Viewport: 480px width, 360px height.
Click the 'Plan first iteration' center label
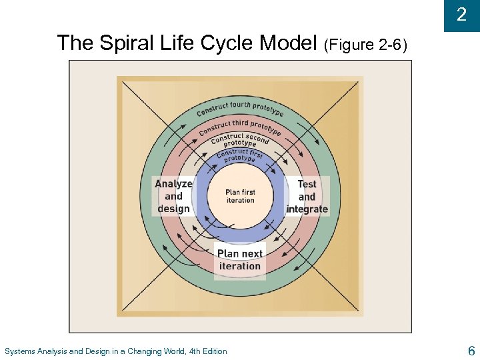click(x=240, y=196)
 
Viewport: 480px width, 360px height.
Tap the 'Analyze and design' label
click(x=173, y=196)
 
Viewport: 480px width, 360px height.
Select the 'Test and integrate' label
click(x=307, y=196)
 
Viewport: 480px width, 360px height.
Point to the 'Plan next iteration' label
click(x=240, y=259)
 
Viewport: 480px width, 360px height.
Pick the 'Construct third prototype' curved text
click(x=240, y=125)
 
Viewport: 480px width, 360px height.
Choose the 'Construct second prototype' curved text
click(x=240, y=141)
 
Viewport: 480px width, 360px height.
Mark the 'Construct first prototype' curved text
click(x=239, y=155)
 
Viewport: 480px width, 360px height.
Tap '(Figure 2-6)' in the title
click(x=365, y=45)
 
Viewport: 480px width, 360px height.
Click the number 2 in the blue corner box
click(x=461, y=15)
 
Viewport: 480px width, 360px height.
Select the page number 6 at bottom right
click(x=471, y=350)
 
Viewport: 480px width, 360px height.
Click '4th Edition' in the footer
click(x=208, y=351)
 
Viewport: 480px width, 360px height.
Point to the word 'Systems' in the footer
click(x=19, y=351)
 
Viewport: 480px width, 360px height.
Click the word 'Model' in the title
click(x=287, y=43)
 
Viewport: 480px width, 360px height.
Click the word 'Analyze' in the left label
click(x=173, y=184)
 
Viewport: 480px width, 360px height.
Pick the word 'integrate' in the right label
click(x=307, y=209)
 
